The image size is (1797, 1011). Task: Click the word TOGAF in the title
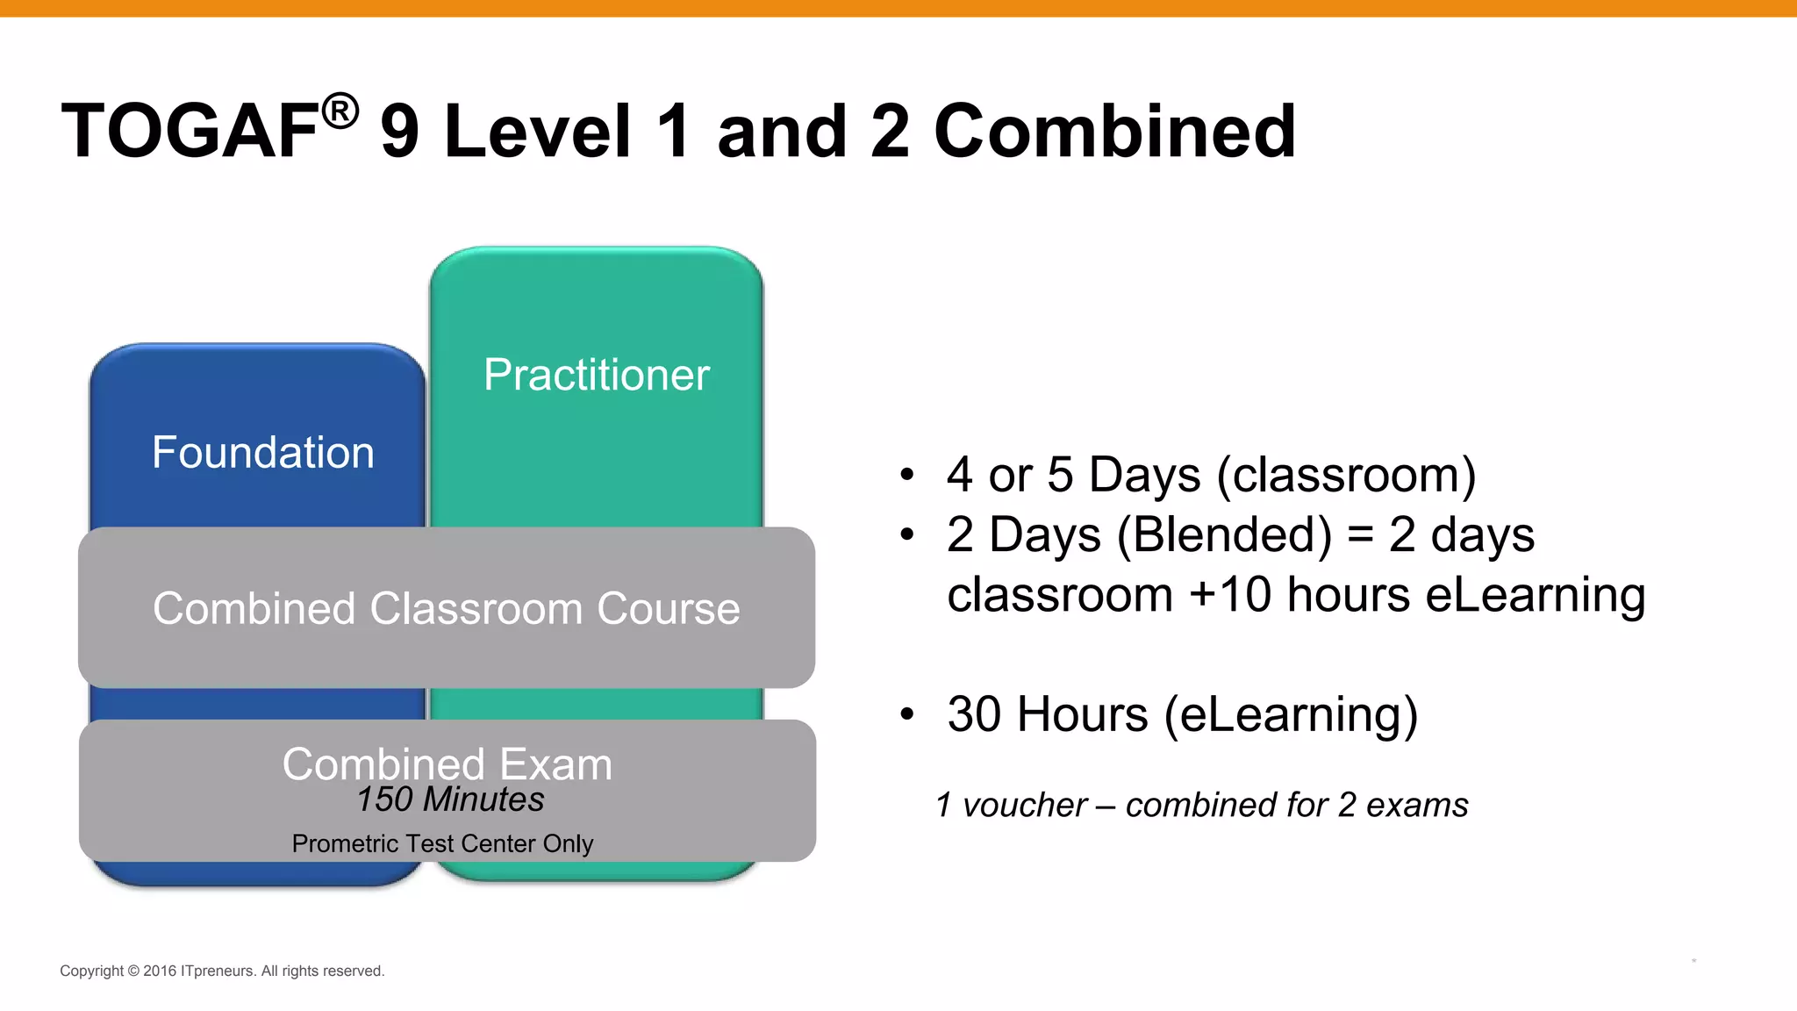click(x=190, y=132)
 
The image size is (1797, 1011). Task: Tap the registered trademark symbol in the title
click(x=340, y=111)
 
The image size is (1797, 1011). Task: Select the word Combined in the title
click(x=1114, y=132)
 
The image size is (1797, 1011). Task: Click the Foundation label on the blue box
click(x=263, y=453)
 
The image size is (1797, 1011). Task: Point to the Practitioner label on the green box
click(x=597, y=376)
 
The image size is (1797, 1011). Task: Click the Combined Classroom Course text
click(x=446, y=609)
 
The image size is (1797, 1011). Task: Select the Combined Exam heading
click(x=447, y=764)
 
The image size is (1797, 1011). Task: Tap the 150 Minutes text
click(x=450, y=799)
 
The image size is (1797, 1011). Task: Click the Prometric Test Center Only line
click(x=442, y=843)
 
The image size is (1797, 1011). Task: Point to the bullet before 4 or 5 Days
click(x=907, y=476)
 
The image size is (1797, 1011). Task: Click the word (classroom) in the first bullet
click(x=1346, y=476)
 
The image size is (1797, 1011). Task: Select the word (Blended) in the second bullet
click(x=1224, y=535)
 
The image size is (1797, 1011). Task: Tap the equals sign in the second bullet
click(x=1360, y=535)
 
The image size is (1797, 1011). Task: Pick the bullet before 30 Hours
click(x=907, y=714)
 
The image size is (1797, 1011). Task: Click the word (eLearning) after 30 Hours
click(x=1291, y=714)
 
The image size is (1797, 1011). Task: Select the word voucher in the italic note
click(x=1024, y=805)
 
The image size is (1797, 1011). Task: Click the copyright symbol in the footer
click(x=133, y=971)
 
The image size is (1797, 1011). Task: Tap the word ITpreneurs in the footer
click(x=218, y=971)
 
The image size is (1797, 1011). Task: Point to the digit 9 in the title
click(x=400, y=132)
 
